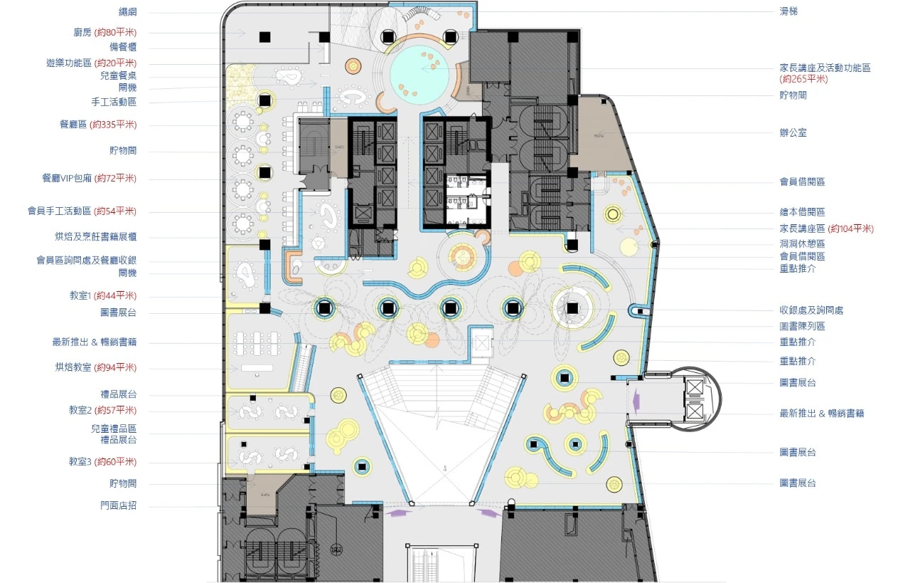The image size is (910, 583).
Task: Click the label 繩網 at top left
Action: pyautogui.click(x=127, y=12)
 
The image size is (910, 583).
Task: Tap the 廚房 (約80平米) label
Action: pyautogui.click(x=105, y=33)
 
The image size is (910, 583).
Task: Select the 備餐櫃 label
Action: pyautogui.click(x=123, y=47)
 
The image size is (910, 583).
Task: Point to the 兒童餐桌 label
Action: pyautogui.click(x=119, y=75)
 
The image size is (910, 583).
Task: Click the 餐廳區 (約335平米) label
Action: pyautogui.click(x=98, y=125)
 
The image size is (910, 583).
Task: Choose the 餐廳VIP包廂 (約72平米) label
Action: pyautogui.click(x=90, y=178)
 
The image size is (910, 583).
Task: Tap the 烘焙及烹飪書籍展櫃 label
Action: pyautogui.click(x=96, y=237)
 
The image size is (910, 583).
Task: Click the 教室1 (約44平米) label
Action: pyautogui.click(x=103, y=296)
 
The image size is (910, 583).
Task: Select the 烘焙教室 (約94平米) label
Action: pyautogui.click(x=96, y=367)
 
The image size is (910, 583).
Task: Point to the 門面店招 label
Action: pyautogui.click(x=119, y=505)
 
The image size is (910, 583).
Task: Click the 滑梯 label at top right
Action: pyautogui.click(x=788, y=11)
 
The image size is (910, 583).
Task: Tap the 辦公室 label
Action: pyautogui.click(x=793, y=132)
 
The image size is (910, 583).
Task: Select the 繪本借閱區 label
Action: pyautogui.click(x=803, y=212)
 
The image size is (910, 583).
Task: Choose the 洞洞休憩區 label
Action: pyautogui.click(x=803, y=244)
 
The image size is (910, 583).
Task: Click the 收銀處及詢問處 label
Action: pyautogui.click(x=811, y=310)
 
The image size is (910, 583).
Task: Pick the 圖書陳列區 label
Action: pyautogui.click(x=803, y=326)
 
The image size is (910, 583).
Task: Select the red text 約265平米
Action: pyautogui.click(x=803, y=79)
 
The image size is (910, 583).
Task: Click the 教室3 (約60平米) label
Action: pyautogui.click(x=103, y=462)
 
